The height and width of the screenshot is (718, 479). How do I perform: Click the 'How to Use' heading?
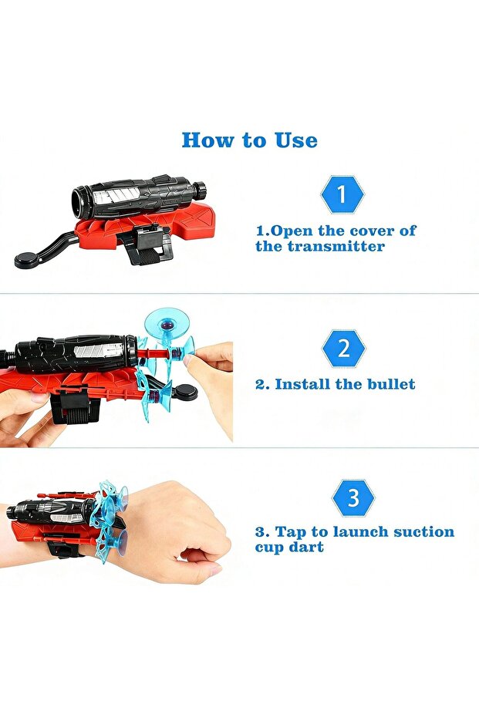(x=250, y=140)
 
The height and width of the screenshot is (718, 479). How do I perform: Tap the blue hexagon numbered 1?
(x=342, y=194)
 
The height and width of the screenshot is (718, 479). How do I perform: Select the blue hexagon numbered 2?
(x=343, y=348)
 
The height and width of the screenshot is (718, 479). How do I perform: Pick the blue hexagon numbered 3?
(x=353, y=497)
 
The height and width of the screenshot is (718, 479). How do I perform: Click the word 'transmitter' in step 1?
(x=336, y=246)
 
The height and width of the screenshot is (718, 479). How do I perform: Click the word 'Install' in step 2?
(x=302, y=384)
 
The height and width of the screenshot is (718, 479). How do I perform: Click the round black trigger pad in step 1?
(x=28, y=261)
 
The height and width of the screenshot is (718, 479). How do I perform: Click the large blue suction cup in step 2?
(x=166, y=324)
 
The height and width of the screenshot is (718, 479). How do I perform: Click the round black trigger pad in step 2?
(x=184, y=393)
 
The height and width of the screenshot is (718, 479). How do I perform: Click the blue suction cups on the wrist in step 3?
(x=112, y=520)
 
